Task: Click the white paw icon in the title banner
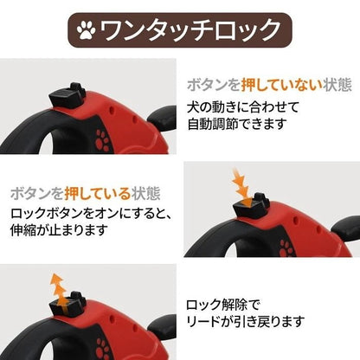click(x=86, y=30)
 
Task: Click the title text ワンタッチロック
click(x=190, y=30)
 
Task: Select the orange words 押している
click(x=98, y=194)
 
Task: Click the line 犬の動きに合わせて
click(x=243, y=107)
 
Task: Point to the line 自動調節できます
click(x=237, y=124)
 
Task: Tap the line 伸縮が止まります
click(x=60, y=230)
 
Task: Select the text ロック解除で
click(x=223, y=305)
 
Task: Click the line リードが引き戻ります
click(x=246, y=321)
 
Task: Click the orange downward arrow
click(x=241, y=187)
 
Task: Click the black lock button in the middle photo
click(x=251, y=204)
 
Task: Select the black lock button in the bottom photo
click(x=67, y=303)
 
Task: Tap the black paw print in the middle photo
click(x=286, y=247)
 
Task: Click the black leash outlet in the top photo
click(x=162, y=119)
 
